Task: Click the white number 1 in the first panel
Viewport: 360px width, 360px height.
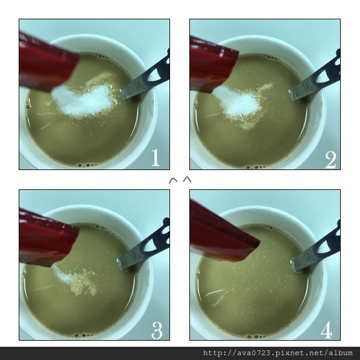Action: pos(156,157)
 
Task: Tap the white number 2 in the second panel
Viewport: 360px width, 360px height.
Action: pos(330,160)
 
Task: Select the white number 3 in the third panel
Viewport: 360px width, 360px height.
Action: pos(157,330)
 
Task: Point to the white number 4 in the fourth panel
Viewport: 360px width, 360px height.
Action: pos(326,330)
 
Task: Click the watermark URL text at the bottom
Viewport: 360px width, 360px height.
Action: pos(278,353)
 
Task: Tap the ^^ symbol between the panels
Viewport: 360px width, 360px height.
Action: pos(180,180)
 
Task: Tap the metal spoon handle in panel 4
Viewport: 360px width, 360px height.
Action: pos(317,249)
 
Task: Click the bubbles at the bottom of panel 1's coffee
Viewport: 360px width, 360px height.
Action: pos(87,165)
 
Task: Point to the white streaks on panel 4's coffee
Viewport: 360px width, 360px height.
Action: pos(218,295)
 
